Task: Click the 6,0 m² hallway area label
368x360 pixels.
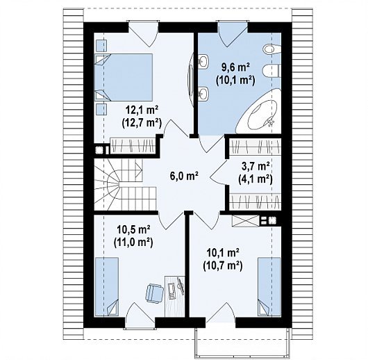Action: click(x=184, y=176)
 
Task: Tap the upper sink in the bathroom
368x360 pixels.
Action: click(x=203, y=62)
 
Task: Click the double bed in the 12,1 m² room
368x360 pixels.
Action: click(x=124, y=77)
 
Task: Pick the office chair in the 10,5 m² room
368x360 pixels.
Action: click(x=154, y=292)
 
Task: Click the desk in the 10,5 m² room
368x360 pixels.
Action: click(x=174, y=297)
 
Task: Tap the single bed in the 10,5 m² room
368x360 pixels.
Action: click(x=106, y=287)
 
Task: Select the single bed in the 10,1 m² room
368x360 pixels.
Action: click(x=269, y=287)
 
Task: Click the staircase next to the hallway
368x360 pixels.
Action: click(x=125, y=185)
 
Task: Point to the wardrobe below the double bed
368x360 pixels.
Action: click(x=133, y=146)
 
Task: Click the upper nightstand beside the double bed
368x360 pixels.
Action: click(x=101, y=45)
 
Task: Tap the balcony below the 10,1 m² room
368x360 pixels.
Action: click(x=242, y=343)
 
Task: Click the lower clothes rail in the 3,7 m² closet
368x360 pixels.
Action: click(x=256, y=201)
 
